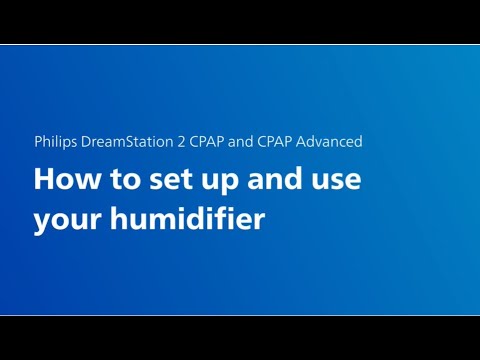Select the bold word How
(x=63, y=181)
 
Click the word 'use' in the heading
(x=331, y=182)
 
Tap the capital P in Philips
(x=37, y=142)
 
